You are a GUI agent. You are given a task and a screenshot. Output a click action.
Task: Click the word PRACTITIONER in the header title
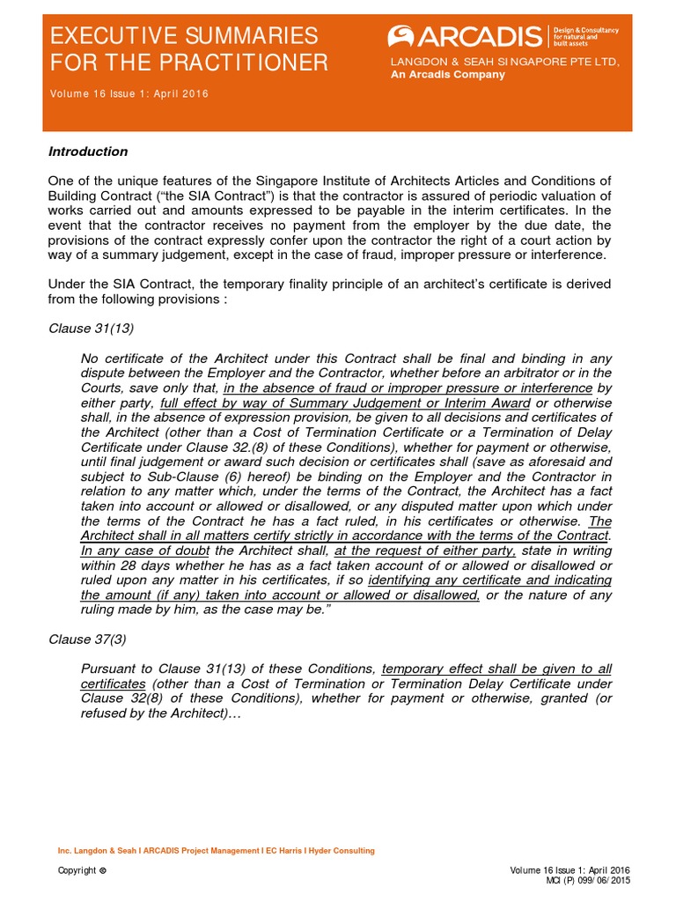point(254,63)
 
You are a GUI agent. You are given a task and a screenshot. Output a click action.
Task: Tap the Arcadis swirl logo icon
point(401,37)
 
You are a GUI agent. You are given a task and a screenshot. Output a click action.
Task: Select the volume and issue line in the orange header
point(129,93)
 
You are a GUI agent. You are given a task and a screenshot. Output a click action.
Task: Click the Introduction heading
point(88,152)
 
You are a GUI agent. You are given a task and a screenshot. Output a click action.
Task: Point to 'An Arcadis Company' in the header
point(447,75)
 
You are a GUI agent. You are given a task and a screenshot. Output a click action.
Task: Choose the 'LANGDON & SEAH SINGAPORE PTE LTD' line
point(505,61)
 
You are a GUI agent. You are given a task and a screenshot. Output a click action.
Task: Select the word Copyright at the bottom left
point(77,870)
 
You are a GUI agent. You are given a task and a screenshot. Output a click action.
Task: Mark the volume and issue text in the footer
point(569,870)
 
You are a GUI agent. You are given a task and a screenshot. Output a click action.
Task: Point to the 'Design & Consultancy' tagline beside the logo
point(586,30)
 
